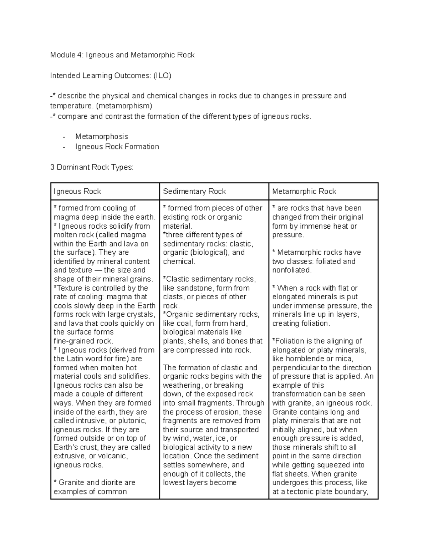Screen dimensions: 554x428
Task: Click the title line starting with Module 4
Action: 122,55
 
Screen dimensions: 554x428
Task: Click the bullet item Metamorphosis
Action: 102,137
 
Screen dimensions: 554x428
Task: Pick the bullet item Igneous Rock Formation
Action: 117,147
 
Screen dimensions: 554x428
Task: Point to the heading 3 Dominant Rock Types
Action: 92,167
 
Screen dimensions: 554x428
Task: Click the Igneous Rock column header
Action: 77,192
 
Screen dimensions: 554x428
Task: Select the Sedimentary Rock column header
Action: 194,192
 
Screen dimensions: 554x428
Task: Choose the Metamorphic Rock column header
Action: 304,192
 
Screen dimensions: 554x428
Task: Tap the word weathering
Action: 182,386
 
